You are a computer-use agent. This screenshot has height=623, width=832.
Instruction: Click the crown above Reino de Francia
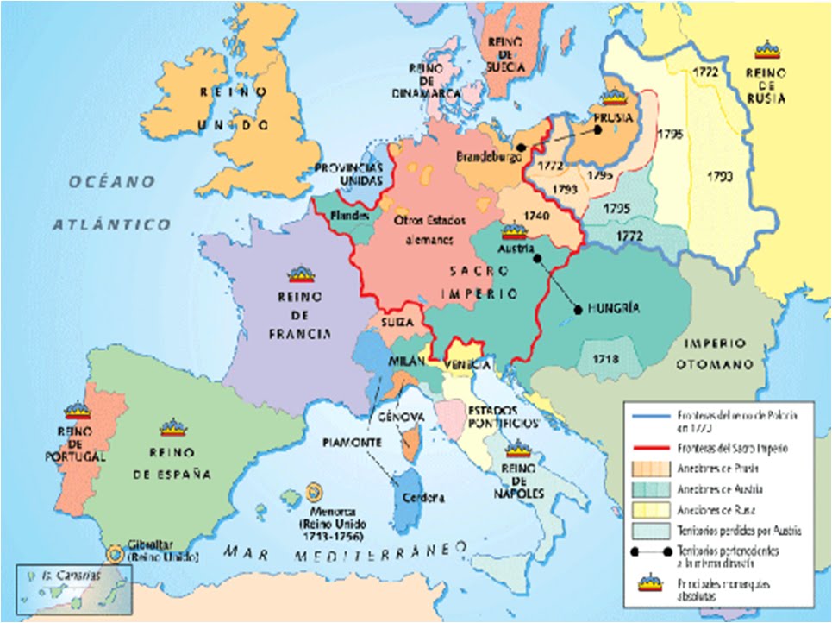coord(301,274)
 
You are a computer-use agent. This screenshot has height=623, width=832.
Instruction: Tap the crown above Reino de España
coord(173,426)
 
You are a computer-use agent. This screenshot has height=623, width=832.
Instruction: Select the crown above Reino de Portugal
coord(77,411)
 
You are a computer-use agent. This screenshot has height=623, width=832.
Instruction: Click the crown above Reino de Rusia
coord(765,48)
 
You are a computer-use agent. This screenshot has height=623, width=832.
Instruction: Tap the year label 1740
coord(535,217)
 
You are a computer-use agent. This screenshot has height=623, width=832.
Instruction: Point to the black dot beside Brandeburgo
coord(520,148)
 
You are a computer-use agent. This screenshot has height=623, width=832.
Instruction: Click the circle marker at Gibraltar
coord(114,553)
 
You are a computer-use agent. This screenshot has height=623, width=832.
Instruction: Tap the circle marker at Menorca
coord(314,494)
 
